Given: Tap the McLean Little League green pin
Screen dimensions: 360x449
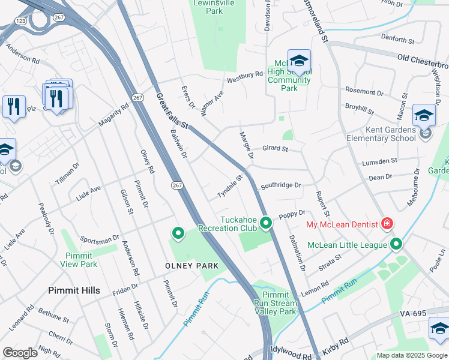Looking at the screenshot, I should (x=396, y=244).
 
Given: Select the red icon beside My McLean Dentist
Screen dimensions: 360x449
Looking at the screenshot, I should (x=387, y=224).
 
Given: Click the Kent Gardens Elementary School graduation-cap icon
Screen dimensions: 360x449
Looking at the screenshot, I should (x=424, y=114).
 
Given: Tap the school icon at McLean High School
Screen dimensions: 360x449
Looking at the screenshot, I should (x=299, y=60).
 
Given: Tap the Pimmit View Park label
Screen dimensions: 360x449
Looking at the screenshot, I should (x=81, y=259).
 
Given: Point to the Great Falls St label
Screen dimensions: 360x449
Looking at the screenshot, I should (x=172, y=110).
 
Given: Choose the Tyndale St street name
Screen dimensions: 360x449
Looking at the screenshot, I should (x=229, y=187).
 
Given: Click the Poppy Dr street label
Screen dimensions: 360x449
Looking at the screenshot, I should (x=294, y=213).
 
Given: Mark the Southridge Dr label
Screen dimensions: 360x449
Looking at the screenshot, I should (x=280, y=185).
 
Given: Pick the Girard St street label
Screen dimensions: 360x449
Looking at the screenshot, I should (x=276, y=149).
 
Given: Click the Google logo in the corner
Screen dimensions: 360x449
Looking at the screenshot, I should (x=20, y=352).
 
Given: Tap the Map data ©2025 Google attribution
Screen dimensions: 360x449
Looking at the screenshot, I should (x=412, y=355).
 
